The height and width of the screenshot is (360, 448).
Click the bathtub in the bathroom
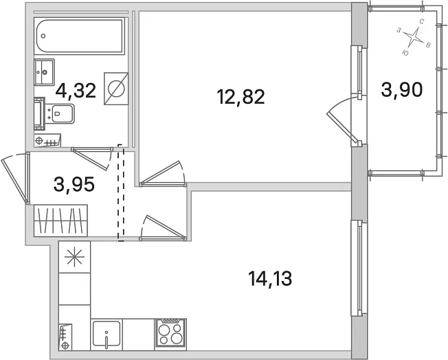click(80, 36)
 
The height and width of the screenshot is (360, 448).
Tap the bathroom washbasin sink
click(44, 72)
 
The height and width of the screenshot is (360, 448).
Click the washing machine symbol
click(116, 89)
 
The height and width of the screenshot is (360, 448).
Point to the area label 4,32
click(76, 91)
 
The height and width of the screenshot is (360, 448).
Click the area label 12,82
click(241, 97)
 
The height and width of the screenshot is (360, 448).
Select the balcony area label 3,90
click(401, 90)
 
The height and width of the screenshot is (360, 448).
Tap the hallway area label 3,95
click(74, 184)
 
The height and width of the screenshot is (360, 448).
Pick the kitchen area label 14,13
click(270, 278)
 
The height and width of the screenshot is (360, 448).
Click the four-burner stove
click(170, 335)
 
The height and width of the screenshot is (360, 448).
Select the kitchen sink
click(107, 335)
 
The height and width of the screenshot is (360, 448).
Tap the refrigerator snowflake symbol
click(75, 257)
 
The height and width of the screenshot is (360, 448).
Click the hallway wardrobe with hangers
click(60, 221)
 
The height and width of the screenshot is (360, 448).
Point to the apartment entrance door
click(16, 178)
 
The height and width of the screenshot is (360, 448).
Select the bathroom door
click(92, 158)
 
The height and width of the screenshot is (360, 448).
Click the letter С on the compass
click(421, 21)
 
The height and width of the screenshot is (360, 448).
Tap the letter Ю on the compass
click(405, 53)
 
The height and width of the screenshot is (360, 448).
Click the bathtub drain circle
click(43, 36)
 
